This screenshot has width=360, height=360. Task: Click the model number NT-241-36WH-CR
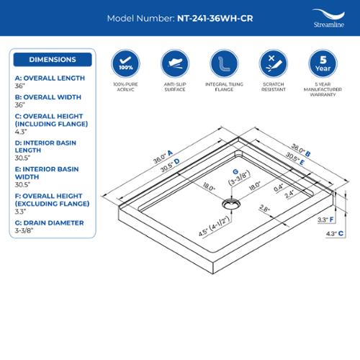[x=215, y=19]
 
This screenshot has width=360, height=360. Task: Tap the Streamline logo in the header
[x=329, y=18]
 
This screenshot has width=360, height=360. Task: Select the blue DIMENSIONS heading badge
[x=53, y=60]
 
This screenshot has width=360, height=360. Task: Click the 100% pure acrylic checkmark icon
[x=125, y=63]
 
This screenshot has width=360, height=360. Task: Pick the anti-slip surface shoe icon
[x=175, y=63]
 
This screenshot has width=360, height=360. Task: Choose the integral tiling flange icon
[x=224, y=63]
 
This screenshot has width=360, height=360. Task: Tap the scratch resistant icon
[x=274, y=63]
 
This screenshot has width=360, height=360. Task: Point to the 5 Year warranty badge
[x=323, y=63]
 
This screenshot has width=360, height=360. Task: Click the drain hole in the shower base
[x=231, y=204]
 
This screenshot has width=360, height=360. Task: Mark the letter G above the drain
[x=235, y=171]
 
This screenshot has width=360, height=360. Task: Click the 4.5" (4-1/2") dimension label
[x=215, y=226]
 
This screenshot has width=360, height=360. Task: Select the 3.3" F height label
[x=325, y=220]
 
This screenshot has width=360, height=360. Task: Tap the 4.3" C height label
[x=334, y=233]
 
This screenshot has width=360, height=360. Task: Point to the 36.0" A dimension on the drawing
[x=163, y=157]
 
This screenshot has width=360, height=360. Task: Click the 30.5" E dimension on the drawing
[x=295, y=158]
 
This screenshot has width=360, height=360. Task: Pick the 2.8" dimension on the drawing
[x=265, y=208]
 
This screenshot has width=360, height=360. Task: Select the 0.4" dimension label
[x=279, y=188]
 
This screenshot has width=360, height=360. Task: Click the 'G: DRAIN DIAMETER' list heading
[x=49, y=223]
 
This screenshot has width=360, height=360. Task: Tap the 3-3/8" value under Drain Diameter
[x=24, y=230]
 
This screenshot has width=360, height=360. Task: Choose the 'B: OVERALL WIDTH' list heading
[x=48, y=97]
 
